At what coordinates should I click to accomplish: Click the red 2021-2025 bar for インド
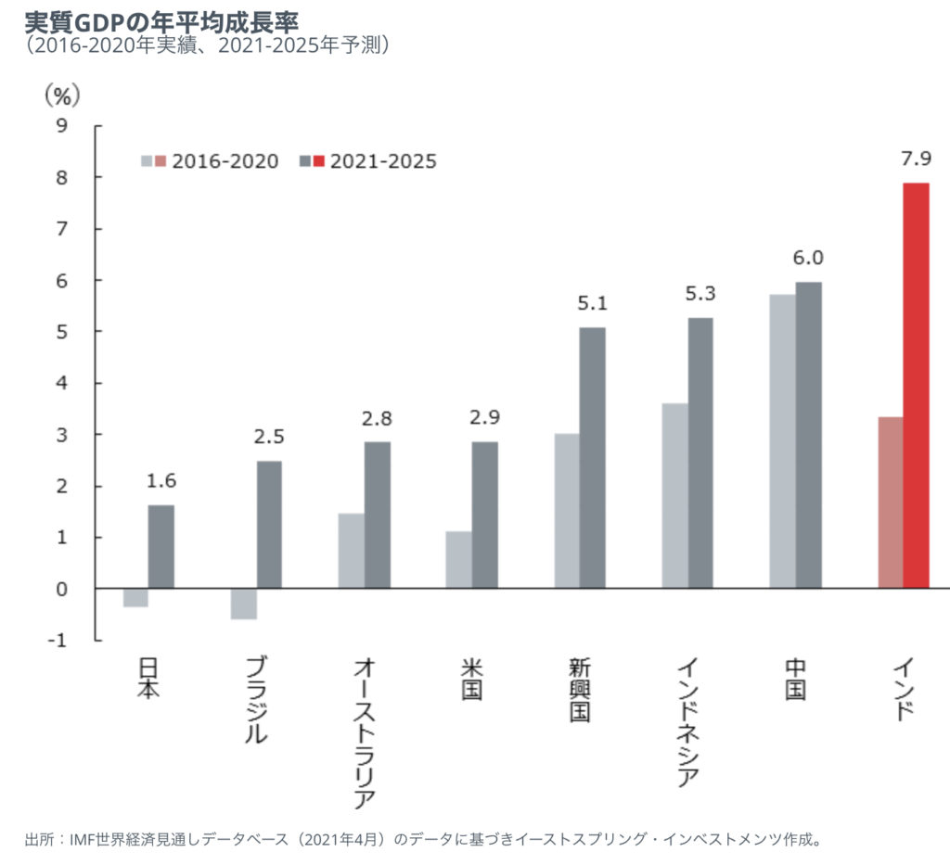916,385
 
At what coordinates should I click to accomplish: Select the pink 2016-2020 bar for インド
890,502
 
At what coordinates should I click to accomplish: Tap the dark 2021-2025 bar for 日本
161,547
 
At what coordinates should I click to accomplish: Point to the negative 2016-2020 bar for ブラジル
244,604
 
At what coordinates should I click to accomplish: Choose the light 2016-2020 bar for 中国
782,441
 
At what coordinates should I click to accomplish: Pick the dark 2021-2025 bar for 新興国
593,458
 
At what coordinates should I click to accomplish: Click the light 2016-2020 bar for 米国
458,560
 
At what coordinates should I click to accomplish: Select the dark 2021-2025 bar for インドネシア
700,453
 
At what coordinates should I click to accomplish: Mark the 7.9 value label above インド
915,159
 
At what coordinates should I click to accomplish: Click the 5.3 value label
700,295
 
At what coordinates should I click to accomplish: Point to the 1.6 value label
161,481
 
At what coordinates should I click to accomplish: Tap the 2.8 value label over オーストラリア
378,418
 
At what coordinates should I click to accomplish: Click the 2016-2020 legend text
225,161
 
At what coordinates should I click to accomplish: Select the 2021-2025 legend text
381,161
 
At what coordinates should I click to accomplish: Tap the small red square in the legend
319,161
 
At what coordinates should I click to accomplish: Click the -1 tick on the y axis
58,641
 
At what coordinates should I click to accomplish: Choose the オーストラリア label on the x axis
365,732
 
